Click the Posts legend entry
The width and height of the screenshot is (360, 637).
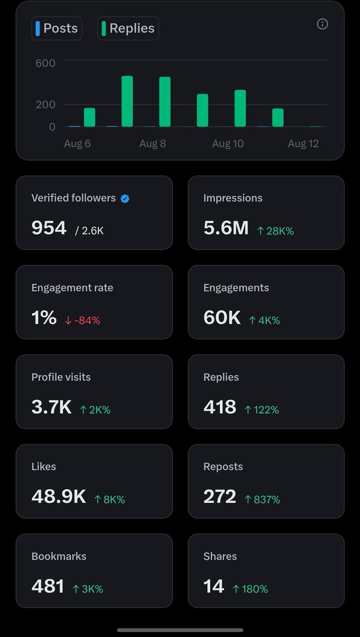pos(57,28)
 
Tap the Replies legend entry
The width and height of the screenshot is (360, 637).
pos(128,28)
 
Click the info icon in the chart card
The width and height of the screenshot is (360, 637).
pos(322,24)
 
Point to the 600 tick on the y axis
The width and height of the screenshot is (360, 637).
pos(46,63)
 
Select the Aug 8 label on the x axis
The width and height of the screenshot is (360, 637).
pos(152,144)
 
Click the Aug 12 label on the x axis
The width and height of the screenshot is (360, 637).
pos(303,144)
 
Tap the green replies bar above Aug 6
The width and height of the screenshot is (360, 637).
pos(89,117)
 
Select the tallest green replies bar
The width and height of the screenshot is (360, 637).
pos(127,101)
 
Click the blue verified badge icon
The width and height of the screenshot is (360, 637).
pos(125,199)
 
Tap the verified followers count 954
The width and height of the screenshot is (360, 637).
pos(49,228)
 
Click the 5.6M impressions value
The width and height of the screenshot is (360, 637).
pos(226,228)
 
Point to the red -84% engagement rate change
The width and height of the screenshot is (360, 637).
pos(82,321)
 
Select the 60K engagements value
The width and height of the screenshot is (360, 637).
pos(222,317)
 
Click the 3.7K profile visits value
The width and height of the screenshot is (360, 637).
pos(52,407)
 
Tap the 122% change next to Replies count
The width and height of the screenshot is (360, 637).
pos(262,410)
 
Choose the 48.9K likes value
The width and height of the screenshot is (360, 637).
pos(58,496)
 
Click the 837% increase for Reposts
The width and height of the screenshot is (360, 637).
pos(262,500)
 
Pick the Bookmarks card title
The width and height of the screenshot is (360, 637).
pos(58,556)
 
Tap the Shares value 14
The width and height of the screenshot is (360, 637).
pos(214,586)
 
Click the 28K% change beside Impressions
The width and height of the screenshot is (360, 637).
pos(275,231)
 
